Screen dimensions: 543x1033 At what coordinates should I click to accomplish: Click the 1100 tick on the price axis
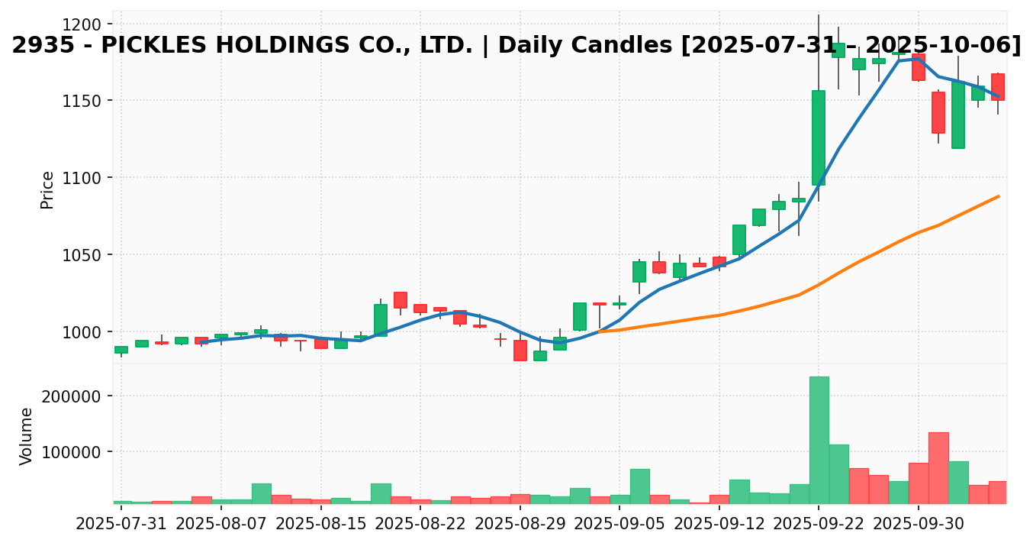click(85, 178)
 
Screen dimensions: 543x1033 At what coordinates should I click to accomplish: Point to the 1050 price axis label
click(85, 255)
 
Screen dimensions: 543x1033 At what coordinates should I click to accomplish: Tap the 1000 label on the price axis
click(85, 332)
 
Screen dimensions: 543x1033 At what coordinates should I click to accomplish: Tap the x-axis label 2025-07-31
click(121, 524)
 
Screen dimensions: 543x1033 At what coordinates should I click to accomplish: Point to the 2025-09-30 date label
click(918, 524)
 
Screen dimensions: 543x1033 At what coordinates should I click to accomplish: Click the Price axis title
click(47, 189)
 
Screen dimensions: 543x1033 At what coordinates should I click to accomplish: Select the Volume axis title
click(27, 435)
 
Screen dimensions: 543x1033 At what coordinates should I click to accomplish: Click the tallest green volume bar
click(819, 440)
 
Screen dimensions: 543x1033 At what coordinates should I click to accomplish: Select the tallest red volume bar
click(938, 467)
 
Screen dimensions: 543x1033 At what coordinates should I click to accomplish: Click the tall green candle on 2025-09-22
click(819, 137)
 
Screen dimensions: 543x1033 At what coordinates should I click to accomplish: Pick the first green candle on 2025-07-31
click(121, 350)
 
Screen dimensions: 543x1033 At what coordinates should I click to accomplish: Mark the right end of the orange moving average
click(998, 196)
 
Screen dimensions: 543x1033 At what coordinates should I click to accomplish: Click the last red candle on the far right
click(998, 87)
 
